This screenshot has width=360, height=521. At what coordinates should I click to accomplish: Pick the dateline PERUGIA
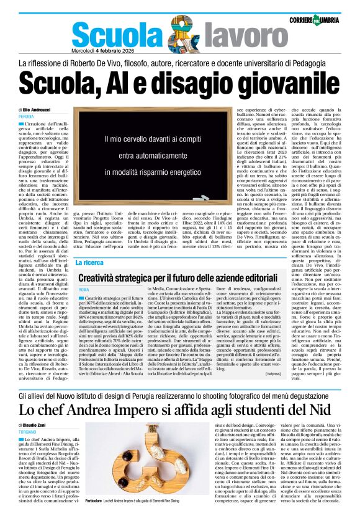(26, 117)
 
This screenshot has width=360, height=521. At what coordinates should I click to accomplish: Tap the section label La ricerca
(89, 263)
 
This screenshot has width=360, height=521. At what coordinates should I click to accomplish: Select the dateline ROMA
(84, 290)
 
